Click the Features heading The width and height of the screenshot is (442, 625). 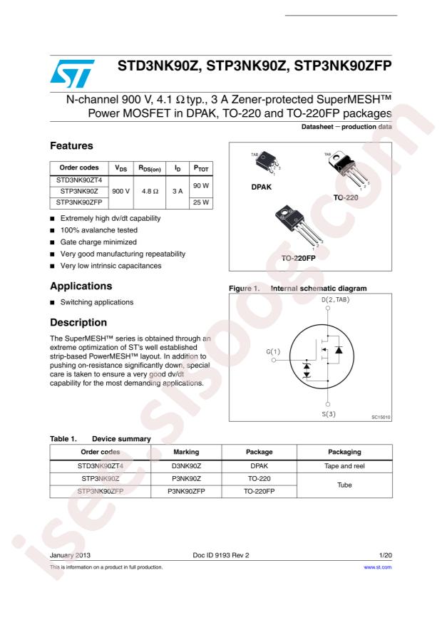coord(72,145)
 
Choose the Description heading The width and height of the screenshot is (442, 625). coord(78,322)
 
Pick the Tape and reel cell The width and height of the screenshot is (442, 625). coord(344,465)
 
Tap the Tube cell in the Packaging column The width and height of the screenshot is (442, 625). coord(344,484)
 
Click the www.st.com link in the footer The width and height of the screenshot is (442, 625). coord(378,567)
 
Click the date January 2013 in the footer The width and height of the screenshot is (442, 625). coord(70,554)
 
